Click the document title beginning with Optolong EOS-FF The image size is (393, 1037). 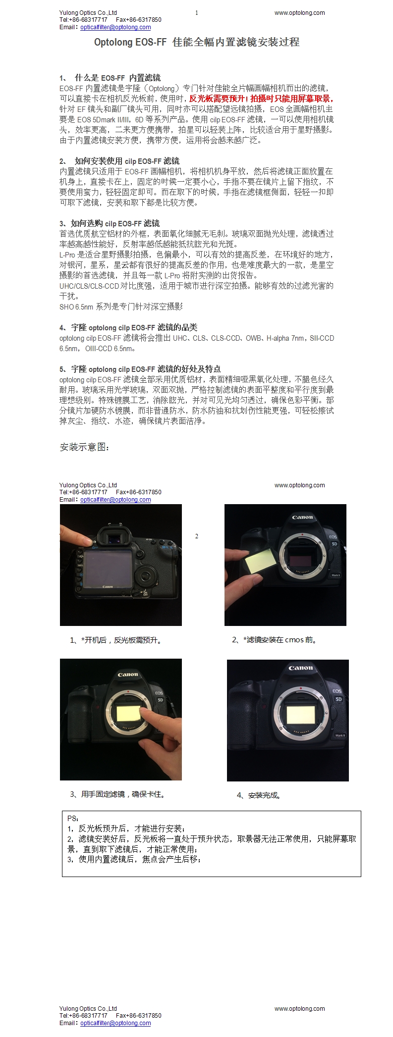(197, 42)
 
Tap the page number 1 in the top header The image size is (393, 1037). (197, 13)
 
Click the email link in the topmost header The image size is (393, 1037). (115, 27)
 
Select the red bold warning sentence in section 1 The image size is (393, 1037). (261, 99)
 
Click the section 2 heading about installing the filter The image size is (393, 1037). (119, 161)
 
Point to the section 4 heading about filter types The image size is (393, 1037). (128, 327)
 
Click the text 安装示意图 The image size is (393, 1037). (84, 447)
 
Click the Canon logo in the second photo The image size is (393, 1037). (302, 517)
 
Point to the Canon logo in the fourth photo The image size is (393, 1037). (301, 668)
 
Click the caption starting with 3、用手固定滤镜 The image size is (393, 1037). (117, 794)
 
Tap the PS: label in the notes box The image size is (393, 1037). (73, 819)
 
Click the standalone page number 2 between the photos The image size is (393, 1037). (197, 536)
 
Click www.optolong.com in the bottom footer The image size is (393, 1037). (300, 1008)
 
